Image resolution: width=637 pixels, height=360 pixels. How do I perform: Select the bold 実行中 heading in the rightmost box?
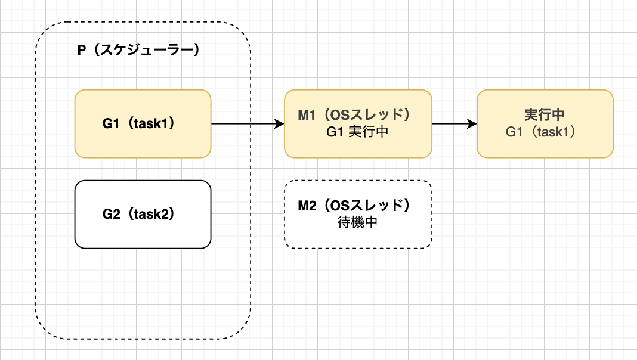click(x=545, y=114)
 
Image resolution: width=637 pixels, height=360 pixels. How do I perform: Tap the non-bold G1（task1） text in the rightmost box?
click(x=545, y=132)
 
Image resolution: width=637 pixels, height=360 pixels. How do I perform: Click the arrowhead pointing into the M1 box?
click(x=280, y=124)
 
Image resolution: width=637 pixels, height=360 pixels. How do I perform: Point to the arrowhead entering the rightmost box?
click(x=472, y=124)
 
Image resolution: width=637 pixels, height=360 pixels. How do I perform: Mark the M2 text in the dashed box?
click(x=306, y=206)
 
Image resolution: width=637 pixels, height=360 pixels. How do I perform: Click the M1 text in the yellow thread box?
click(x=306, y=114)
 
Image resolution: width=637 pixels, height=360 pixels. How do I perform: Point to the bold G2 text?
click(x=112, y=214)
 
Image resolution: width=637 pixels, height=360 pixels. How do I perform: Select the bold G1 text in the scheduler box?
click(x=112, y=124)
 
